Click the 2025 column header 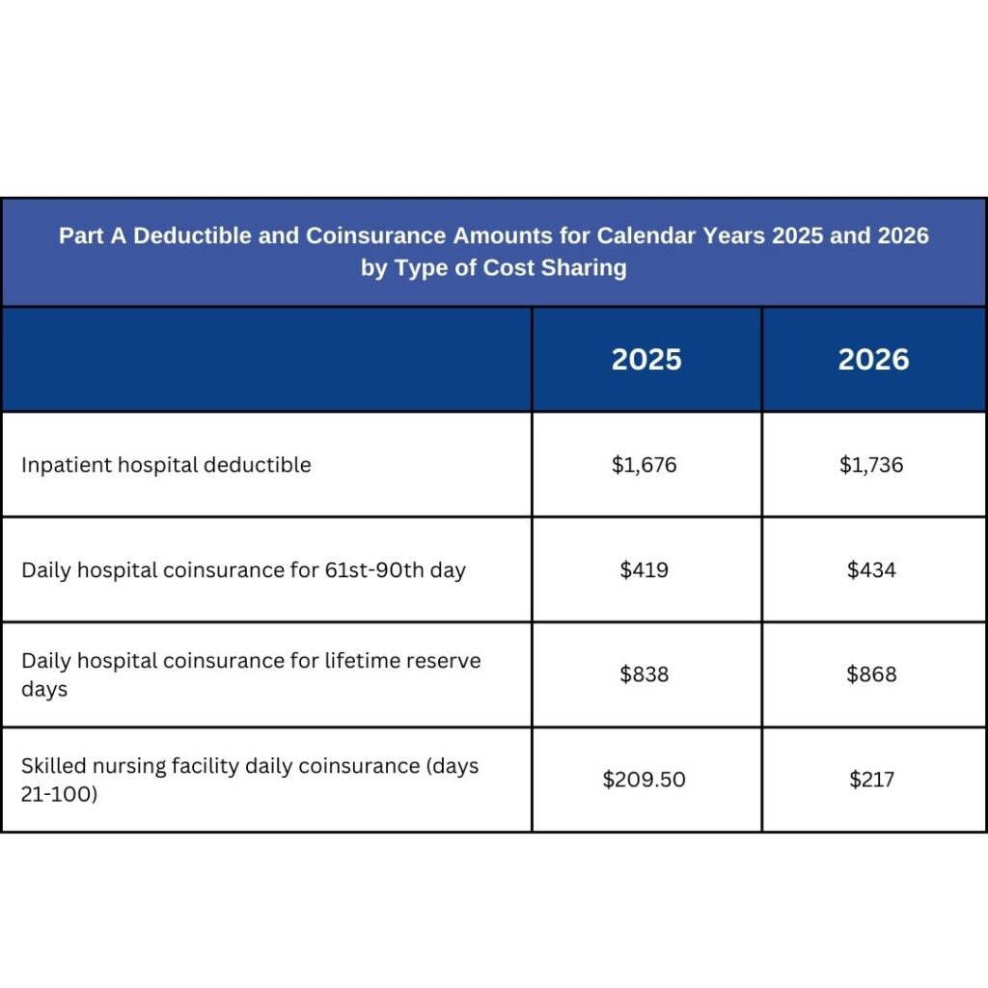pos(646,360)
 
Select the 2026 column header pos(873,360)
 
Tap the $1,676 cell pos(645,465)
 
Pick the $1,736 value pos(871,465)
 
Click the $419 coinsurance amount pos(645,570)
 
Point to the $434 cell pos(871,570)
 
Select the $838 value pos(645,674)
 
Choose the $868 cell pos(871,674)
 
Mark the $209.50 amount pos(645,780)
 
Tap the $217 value pos(871,780)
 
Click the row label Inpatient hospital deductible pos(166,465)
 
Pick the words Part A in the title pos(93,236)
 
